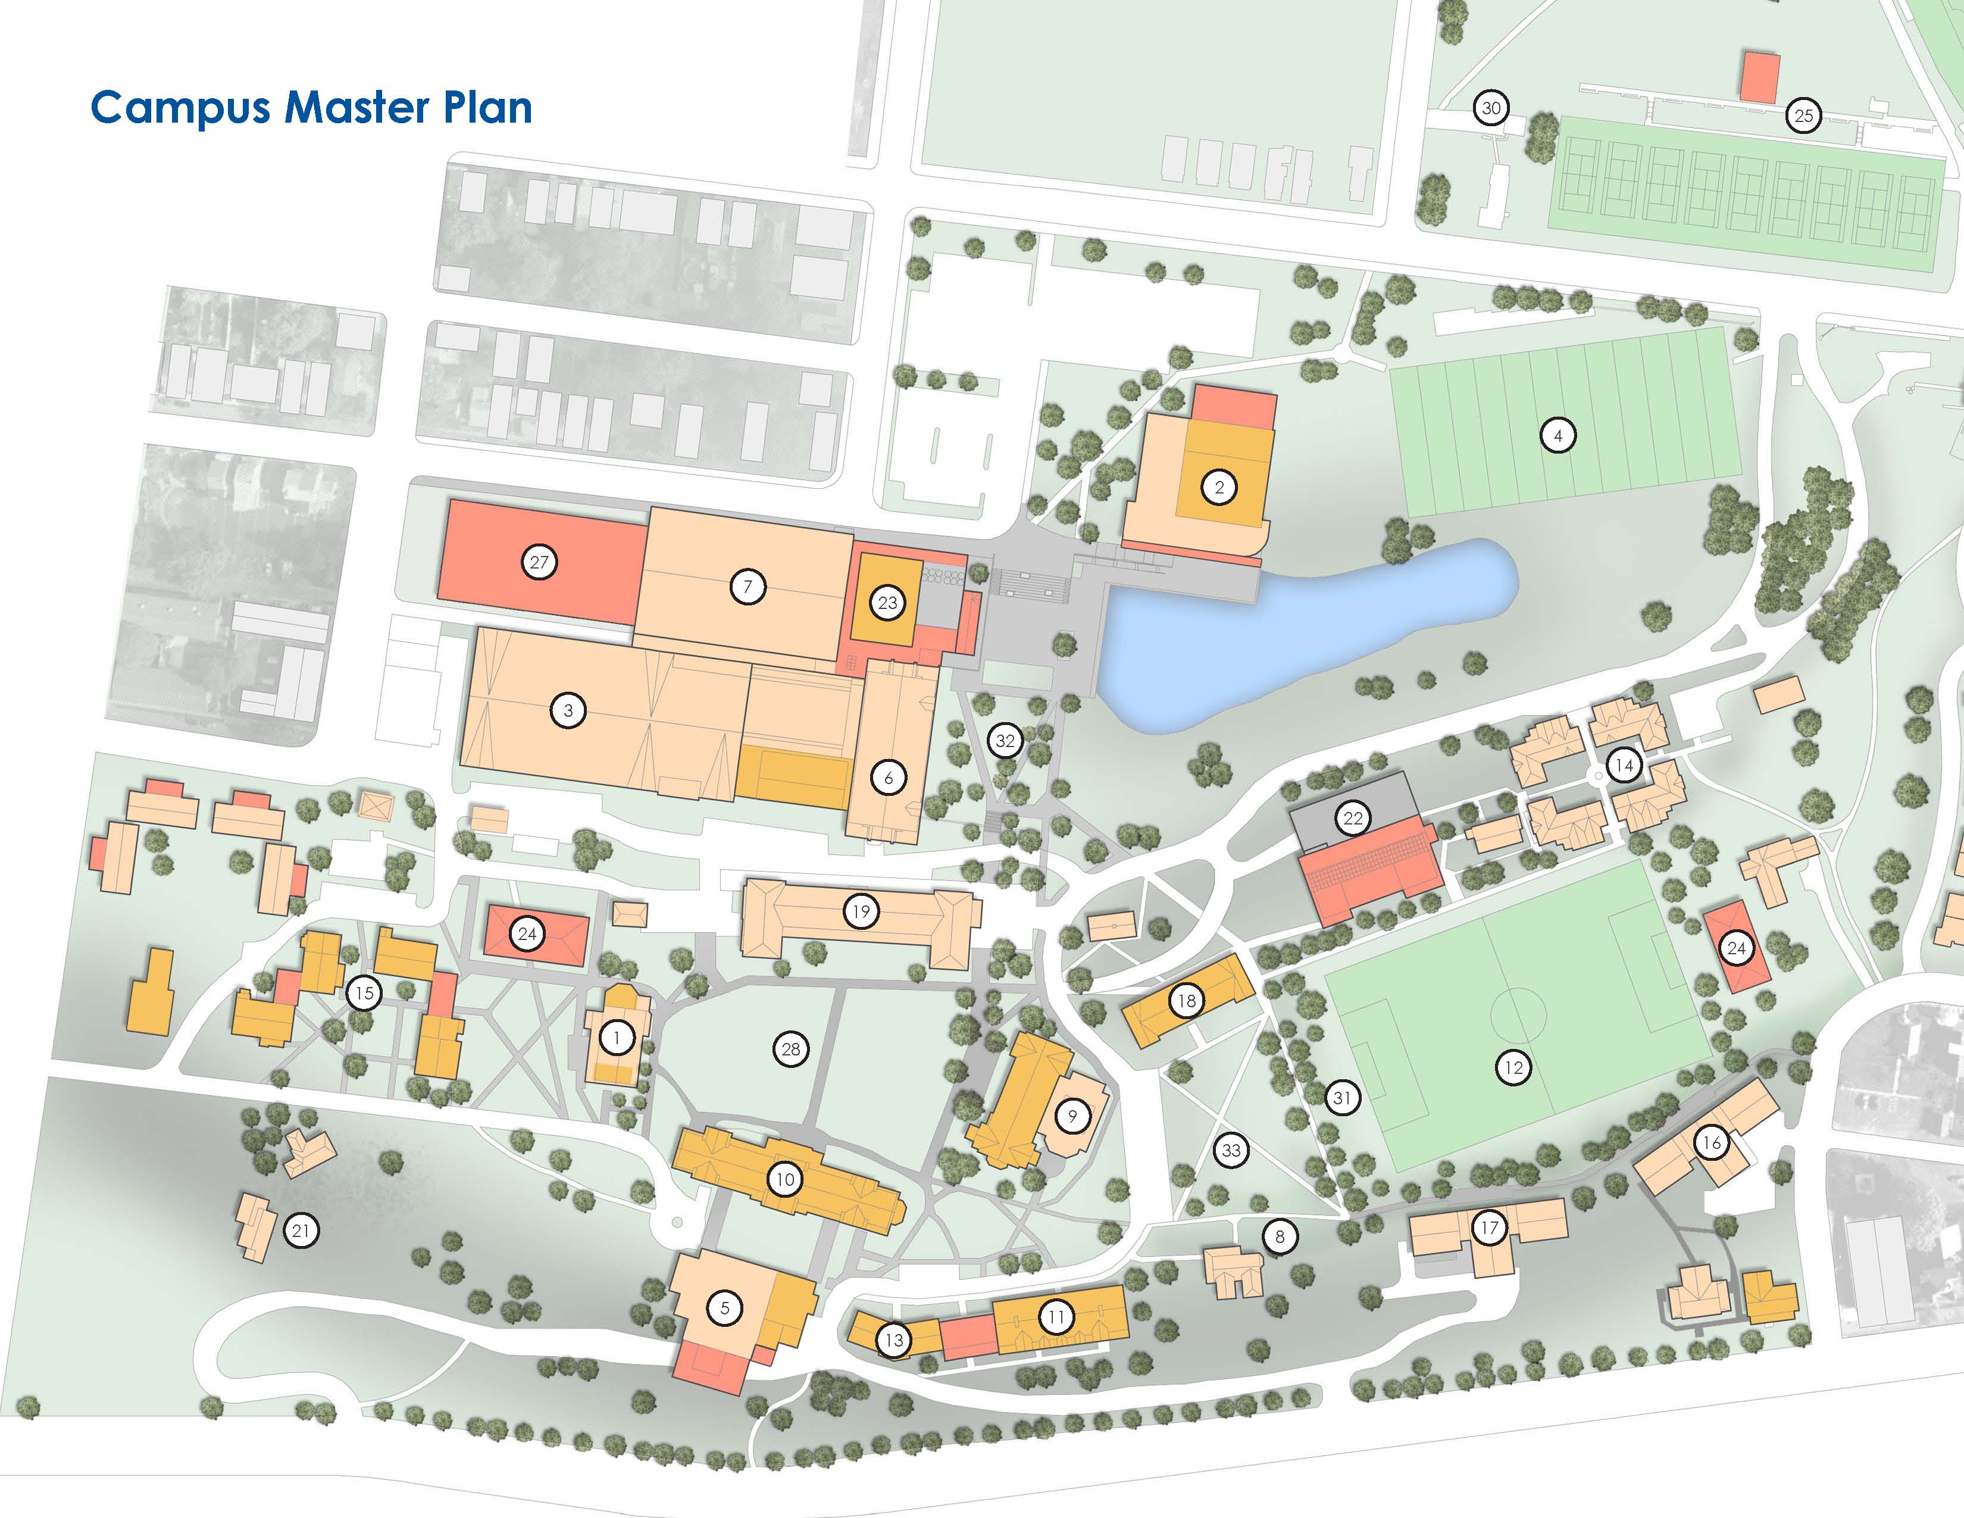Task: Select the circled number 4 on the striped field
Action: tap(1558, 436)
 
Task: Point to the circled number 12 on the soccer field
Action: tap(1513, 1067)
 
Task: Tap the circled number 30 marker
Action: tap(1491, 108)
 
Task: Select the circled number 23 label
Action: tap(887, 602)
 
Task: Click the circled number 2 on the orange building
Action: tap(1219, 488)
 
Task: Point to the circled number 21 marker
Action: tap(301, 1230)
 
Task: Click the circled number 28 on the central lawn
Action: tap(790, 1048)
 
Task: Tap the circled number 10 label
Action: tap(785, 1179)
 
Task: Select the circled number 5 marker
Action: tap(725, 1308)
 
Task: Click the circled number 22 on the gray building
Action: tap(1353, 817)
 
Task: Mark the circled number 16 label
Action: tap(1711, 1143)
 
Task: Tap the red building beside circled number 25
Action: tap(1760, 77)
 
